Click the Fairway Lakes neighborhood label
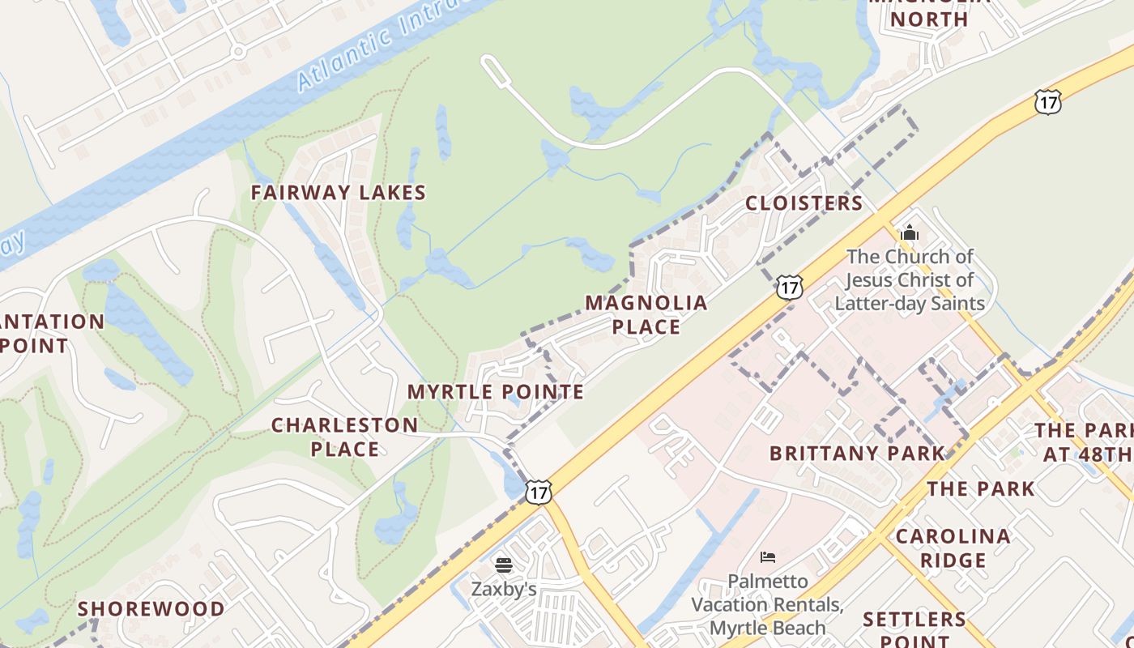click(338, 193)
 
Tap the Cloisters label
click(804, 203)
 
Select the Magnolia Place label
click(646, 314)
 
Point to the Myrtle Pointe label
click(496, 392)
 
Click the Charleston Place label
click(345, 437)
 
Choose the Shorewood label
click(151, 609)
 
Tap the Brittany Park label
click(857, 454)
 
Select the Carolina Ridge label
click(953, 548)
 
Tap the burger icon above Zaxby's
click(504, 565)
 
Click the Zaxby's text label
click(504, 589)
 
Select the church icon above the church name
click(910, 233)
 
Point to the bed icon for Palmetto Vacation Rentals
click(768, 556)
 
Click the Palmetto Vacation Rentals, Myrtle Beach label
click(768, 604)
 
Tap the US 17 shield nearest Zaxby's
click(538, 491)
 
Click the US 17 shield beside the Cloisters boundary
click(789, 286)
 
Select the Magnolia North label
click(930, 12)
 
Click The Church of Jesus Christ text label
click(910, 280)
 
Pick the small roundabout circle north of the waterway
click(237, 52)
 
